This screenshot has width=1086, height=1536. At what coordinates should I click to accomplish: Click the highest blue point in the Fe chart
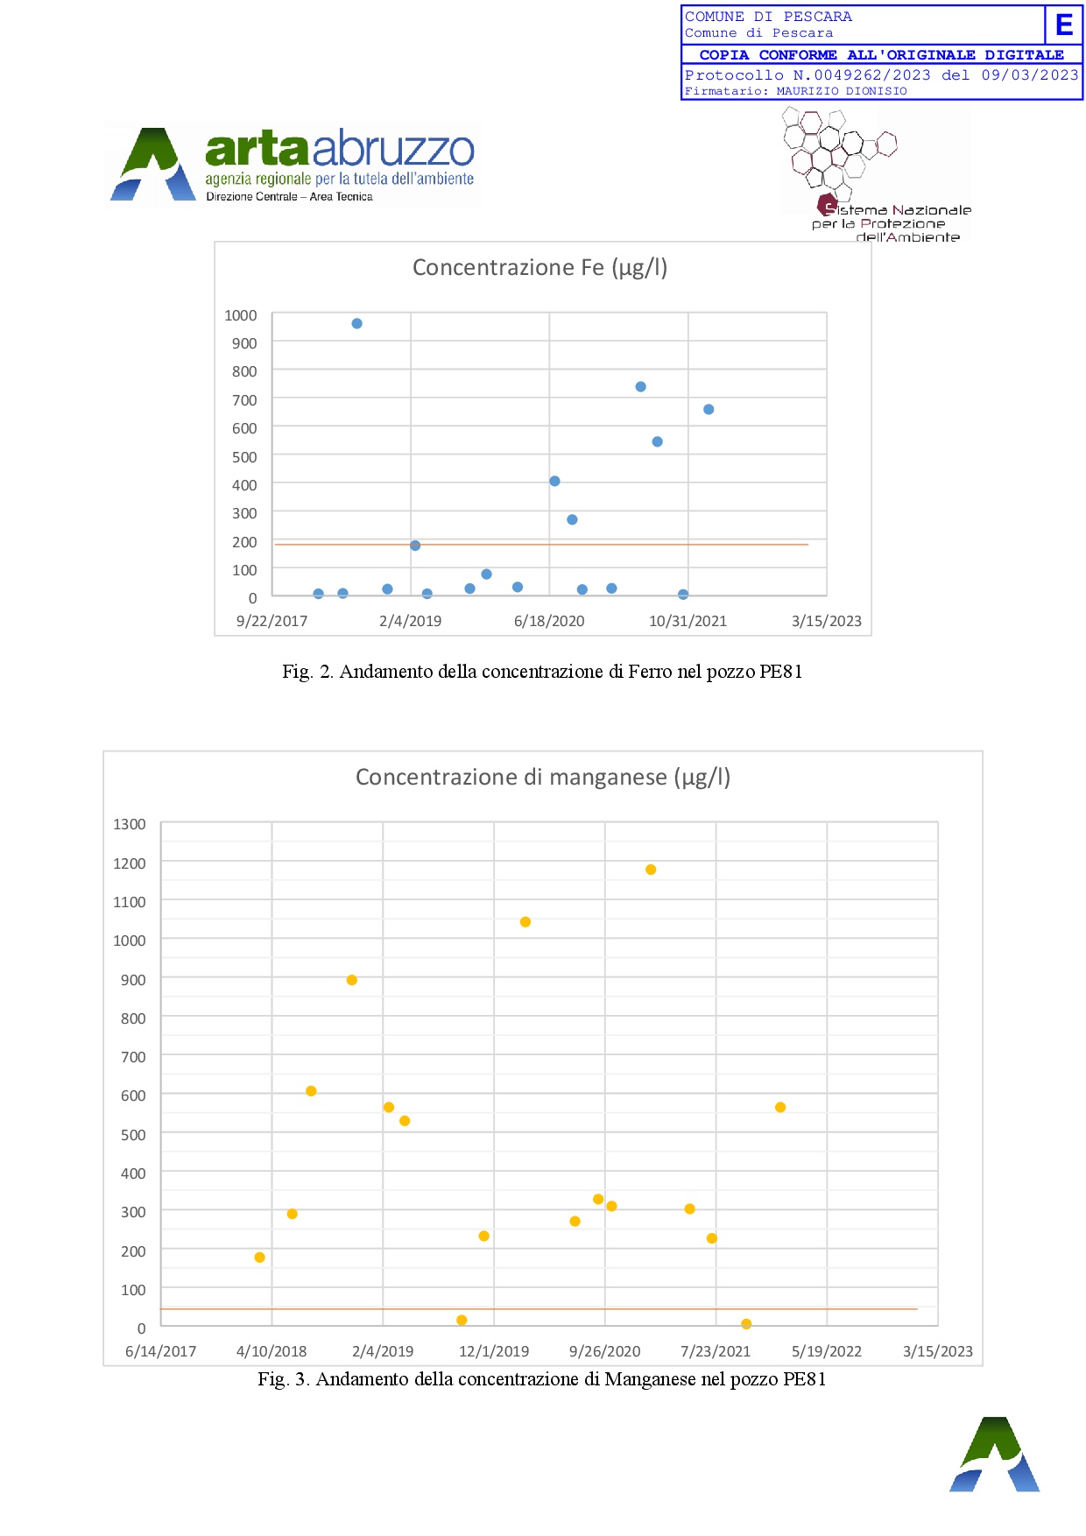coord(356,323)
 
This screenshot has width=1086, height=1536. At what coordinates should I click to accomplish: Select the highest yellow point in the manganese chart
coord(651,870)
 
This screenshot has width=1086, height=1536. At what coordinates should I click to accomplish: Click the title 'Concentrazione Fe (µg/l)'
coord(539,267)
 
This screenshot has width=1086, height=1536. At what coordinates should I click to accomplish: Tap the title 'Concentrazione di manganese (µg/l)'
coord(542,777)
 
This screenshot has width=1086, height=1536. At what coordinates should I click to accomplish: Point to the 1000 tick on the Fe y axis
coord(241,315)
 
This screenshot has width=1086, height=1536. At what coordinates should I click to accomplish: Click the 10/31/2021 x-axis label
coord(688,621)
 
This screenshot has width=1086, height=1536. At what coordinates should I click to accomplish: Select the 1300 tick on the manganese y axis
coord(130,824)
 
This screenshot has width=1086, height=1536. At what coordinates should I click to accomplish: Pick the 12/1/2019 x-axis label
coord(494,1351)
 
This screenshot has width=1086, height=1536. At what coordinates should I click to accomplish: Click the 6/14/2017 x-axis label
coord(161,1351)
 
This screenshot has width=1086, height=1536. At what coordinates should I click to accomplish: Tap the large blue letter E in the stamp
coord(1064,25)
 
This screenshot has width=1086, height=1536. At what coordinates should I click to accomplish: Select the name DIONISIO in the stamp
coord(878,91)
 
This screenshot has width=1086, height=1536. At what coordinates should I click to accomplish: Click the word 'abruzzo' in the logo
coord(393,149)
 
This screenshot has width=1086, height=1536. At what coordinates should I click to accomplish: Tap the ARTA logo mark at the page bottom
coord(995,1455)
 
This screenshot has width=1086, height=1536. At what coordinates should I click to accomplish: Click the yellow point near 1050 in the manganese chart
coord(525,922)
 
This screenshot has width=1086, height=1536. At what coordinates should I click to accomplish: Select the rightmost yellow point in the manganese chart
coord(780,1108)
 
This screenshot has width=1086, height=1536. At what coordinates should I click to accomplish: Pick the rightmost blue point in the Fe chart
coord(709,409)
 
